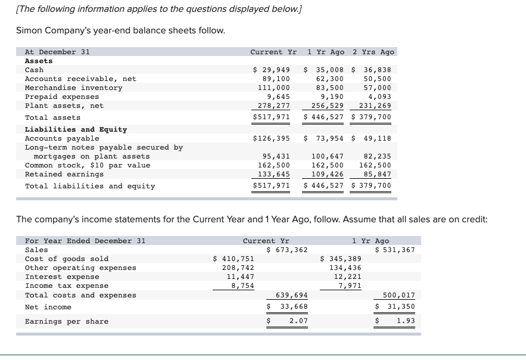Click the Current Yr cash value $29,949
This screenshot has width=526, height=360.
(x=272, y=70)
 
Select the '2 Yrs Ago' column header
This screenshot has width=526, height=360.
(x=374, y=52)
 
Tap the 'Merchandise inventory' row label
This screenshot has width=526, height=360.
(x=73, y=88)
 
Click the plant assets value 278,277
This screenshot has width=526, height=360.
(x=272, y=105)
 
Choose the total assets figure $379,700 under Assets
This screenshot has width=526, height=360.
(x=372, y=117)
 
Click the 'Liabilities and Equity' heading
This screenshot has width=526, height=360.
(x=76, y=129)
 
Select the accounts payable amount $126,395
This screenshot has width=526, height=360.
(x=272, y=138)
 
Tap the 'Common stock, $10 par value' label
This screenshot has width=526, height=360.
(x=88, y=165)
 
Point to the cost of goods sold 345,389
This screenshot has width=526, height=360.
(x=341, y=259)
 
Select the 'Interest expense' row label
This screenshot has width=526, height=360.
(x=62, y=277)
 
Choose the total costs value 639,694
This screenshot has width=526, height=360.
(x=292, y=295)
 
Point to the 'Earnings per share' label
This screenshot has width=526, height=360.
(x=67, y=321)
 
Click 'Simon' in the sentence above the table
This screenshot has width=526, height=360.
(x=30, y=30)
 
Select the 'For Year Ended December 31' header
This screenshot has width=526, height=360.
(x=85, y=241)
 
